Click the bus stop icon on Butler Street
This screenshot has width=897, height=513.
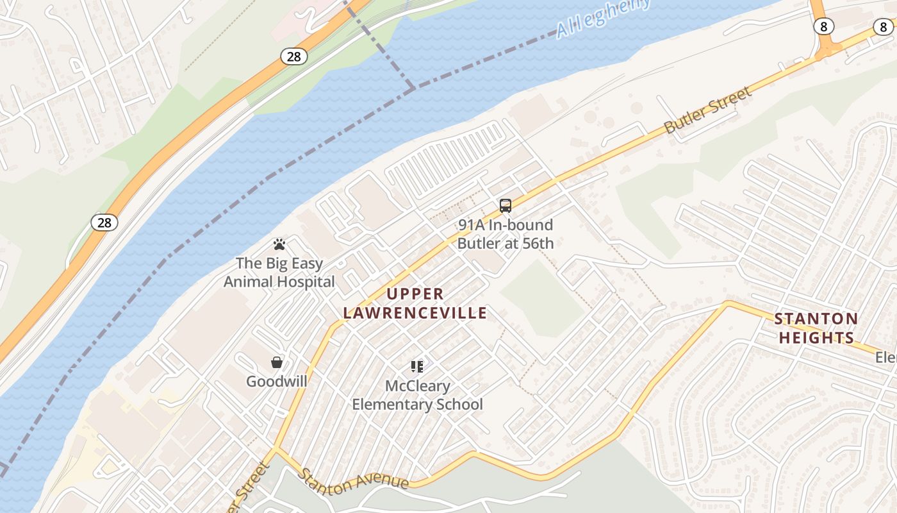click(506, 206)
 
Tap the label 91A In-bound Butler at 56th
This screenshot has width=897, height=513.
click(505, 235)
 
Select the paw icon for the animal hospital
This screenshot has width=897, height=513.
click(279, 244)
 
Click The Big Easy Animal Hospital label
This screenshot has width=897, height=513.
click(279, 273)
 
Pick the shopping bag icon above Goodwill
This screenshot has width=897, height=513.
click(277, 363)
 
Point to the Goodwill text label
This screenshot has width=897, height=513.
click(277, 382)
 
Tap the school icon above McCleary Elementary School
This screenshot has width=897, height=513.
click(417, 367)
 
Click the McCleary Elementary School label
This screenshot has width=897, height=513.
click(417, 396)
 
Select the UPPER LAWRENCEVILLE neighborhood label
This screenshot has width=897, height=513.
click(415, 304)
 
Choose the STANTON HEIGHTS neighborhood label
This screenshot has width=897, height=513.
click(816, 328)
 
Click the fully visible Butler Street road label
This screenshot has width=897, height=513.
click(707, 111)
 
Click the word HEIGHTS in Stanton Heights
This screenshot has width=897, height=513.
click(816, 338)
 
